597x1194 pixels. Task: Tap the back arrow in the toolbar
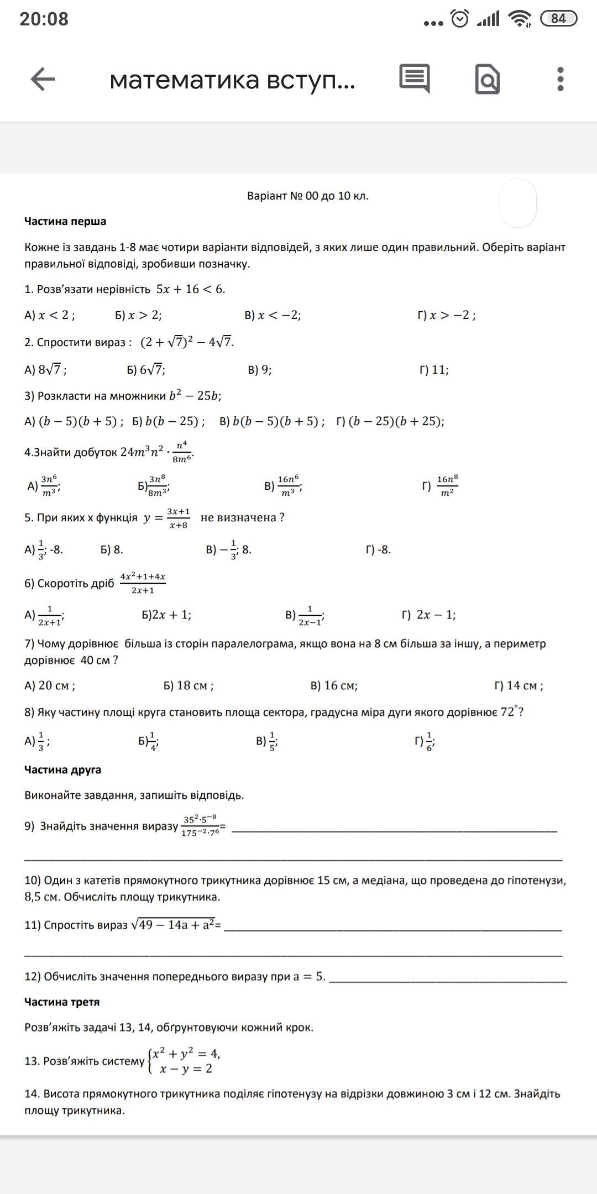[43, 79]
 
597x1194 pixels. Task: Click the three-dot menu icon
[560, 79]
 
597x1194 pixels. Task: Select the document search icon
[487, 80]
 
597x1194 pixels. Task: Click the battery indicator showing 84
[558, 19]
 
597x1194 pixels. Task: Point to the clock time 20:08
[44, 19]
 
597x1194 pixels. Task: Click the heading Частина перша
[65, 221]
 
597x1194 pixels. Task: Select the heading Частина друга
[62, 769]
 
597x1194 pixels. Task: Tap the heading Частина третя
[62, 1002]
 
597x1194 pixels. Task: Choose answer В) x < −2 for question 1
[273, 315]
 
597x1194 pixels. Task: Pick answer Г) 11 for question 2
[434, 370]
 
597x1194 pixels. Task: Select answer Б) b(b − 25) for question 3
[168, 421]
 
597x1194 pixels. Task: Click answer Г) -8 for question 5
[378, 549]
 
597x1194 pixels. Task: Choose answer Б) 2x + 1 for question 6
[166, 615]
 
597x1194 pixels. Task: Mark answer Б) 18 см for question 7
[188, 685]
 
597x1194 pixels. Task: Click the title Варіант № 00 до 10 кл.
[307, 196]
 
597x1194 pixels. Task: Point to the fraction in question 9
[200, 825]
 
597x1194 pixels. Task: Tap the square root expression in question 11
[172, 925]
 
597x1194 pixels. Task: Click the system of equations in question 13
[184, 1061]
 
